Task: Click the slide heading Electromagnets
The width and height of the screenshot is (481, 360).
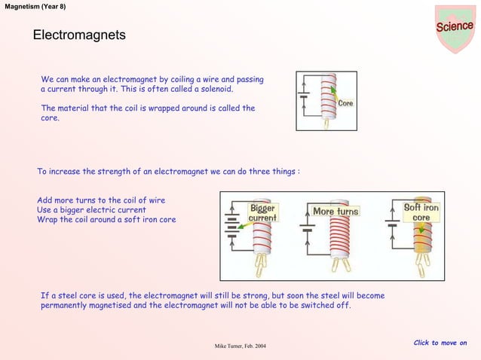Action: (78, 36)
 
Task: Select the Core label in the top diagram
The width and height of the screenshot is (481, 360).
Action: (346, 102)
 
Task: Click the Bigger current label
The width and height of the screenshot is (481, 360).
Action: (262, 212)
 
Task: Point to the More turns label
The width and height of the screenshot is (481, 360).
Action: (335, 212)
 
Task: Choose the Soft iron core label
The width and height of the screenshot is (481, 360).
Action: (421, 212)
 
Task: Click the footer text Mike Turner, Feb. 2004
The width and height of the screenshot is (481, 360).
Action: (240, 346)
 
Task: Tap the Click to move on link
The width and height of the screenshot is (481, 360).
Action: (440, 343)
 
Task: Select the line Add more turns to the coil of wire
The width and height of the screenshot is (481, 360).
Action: (101, 200)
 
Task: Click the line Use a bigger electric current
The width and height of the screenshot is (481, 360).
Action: (91, 210)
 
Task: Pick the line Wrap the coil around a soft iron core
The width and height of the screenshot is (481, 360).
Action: (106, 220)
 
